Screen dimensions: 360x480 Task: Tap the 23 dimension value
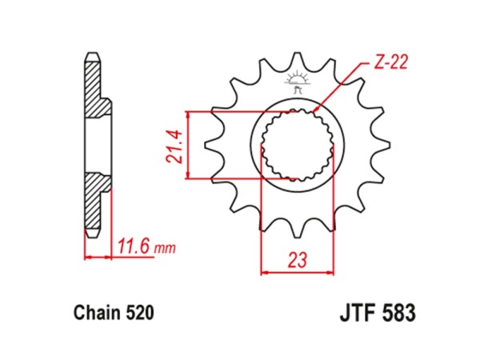tap(298, 260)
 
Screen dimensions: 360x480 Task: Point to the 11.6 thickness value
tap(135, 246)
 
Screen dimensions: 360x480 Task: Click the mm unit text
tap(165, 249)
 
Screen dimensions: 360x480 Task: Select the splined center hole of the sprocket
tap(298, 145)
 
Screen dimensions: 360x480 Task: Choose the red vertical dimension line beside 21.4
tap(188, 145)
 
